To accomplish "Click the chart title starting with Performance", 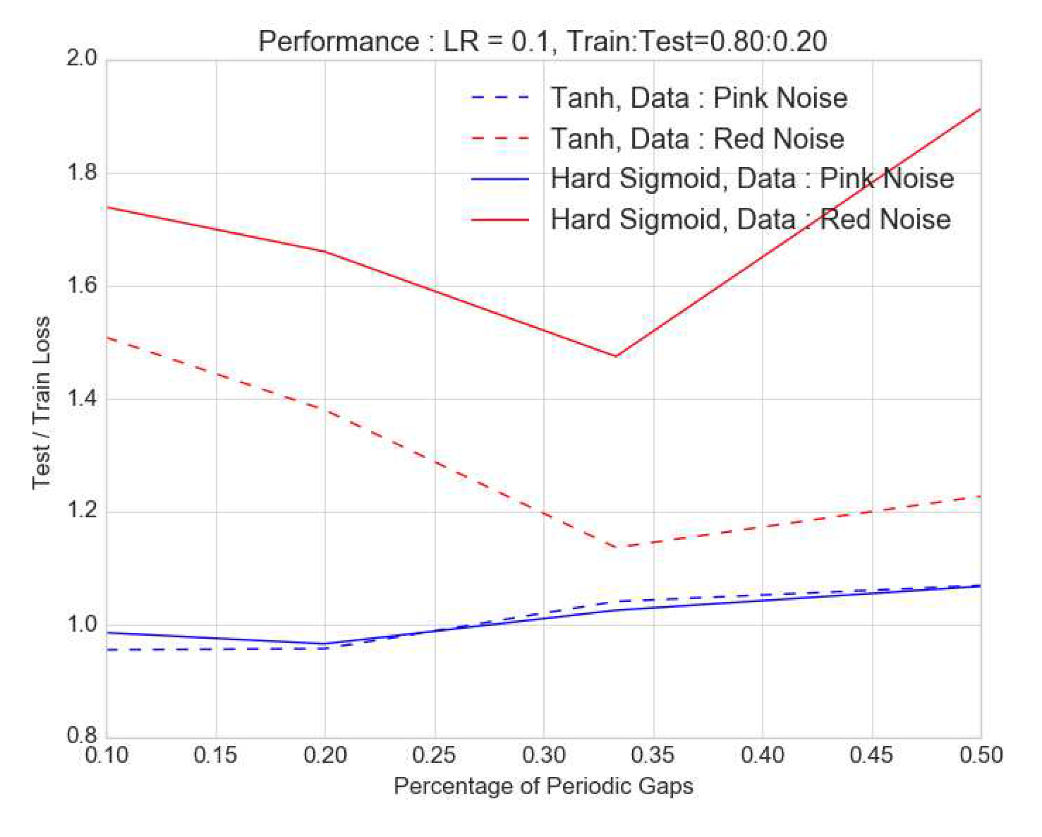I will point(542,42).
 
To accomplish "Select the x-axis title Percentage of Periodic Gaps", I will point(543,786).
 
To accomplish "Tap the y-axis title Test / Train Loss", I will point(42,403).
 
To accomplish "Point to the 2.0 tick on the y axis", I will point(82,59).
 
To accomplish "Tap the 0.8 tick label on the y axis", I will point(82,735).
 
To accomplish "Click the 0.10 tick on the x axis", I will point(106,755).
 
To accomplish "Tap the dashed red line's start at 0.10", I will point(107,338).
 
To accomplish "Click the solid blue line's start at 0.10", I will point(107,633).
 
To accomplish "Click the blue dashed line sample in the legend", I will point(500,98).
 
